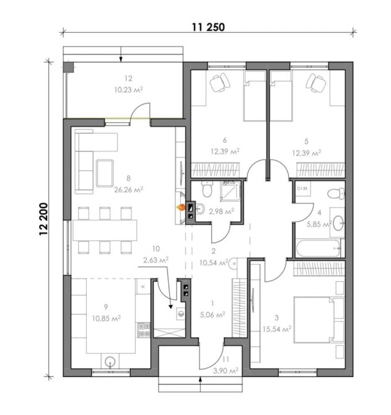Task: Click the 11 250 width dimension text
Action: [208, 27]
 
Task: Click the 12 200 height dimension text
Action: [43, 219]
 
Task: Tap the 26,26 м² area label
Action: [129, 190]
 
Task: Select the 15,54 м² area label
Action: [277, 329]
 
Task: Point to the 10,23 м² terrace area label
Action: [128, 89]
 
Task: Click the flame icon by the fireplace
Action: [181, 207]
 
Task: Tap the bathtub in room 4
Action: [319, 248]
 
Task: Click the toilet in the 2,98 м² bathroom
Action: [207, 189]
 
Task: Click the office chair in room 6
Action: [220, 82]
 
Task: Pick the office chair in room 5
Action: [316, 82]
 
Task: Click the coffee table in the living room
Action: [105, 173]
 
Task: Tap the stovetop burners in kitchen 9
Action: [143, 330]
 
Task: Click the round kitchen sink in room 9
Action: [110, 361]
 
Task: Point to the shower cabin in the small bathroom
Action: [231, 191]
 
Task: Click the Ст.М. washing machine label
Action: [302, 189]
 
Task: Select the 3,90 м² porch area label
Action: [226, 371]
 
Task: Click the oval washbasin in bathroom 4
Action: [338, 223]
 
